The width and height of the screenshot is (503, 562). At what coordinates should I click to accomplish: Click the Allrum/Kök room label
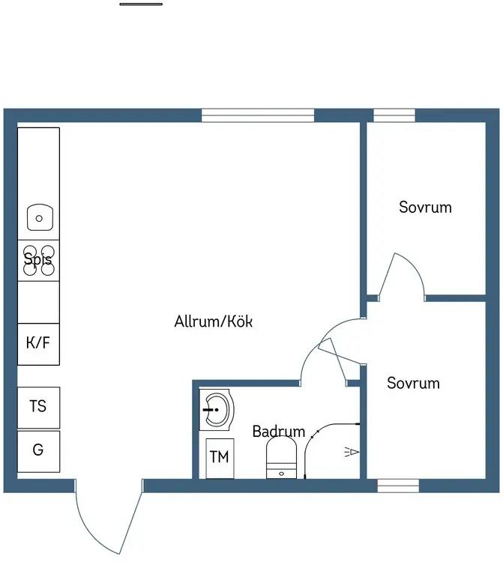(214, 322)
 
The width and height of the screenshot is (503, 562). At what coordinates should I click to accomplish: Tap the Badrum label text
(278, 432)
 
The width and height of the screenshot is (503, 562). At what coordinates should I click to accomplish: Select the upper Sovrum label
(425, 208)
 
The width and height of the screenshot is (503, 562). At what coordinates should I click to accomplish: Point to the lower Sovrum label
(413, 384)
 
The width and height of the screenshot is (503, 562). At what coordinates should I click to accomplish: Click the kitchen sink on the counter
(39, 218)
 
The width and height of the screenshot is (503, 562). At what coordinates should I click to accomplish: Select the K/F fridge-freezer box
(38, 344)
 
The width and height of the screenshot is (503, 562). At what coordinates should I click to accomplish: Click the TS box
(38, 407)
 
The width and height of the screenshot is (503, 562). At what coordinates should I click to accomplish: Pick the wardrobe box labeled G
(38, 451)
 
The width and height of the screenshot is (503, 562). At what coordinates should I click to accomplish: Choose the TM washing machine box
(219, 457)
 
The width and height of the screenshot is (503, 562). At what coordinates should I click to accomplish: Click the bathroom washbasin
(217, 410)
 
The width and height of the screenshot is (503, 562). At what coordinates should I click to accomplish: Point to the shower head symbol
(352, 452)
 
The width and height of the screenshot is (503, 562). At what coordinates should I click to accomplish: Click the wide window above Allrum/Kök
(257, 115)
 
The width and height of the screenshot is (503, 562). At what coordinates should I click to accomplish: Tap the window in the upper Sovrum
(394, 115)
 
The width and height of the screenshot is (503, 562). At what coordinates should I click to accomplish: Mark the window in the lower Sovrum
(397, 486)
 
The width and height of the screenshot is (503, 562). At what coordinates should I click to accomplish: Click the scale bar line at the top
(141, 4)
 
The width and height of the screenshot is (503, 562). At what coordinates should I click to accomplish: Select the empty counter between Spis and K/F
(38, 302)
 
